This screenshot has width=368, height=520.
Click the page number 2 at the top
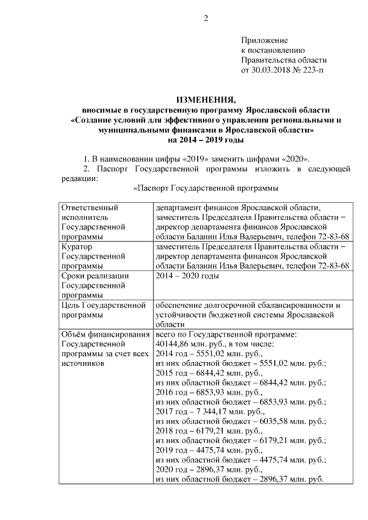205,18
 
